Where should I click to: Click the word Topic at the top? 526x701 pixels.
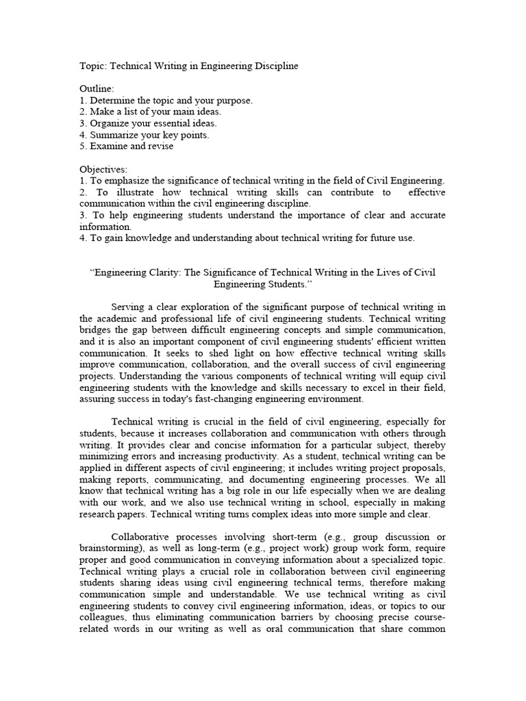click(x=92, y=66)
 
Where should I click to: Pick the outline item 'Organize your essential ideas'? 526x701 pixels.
click(x=148, y=123)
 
